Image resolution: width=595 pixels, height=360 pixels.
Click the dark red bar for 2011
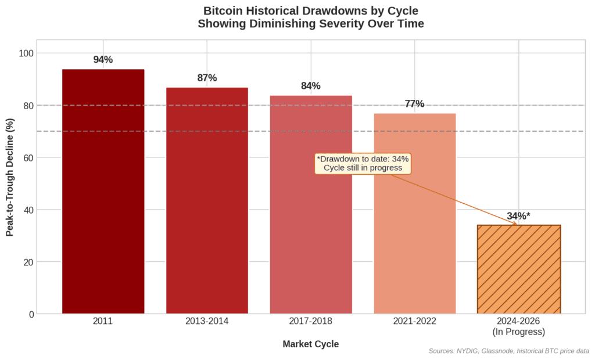coord(103,192)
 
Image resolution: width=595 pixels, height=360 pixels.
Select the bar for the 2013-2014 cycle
coord(207,200)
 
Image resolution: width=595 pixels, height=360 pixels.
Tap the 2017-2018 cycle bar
coord(310,204)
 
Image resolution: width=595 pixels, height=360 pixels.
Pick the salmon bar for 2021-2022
coord(414,213)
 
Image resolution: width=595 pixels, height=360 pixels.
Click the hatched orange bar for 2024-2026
coord(518,269)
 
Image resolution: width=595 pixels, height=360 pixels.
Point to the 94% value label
coord(103,60)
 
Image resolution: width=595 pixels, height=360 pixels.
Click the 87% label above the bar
coord(207,78)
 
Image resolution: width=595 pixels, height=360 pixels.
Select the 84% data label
coord(310,86)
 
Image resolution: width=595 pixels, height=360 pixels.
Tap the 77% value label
coord(414,104)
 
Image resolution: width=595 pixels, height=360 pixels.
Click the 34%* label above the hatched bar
coord(518,216)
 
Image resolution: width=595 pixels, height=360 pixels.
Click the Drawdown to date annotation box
coord(363,163)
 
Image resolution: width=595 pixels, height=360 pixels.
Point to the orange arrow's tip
coord(517,225)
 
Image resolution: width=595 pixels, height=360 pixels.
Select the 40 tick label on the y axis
coord(26,210)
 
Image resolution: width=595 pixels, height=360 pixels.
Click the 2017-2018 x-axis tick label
coord(310,321)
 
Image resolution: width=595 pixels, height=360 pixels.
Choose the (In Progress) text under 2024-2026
coord(518,332)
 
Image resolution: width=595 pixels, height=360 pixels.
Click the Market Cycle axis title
coord(310,344)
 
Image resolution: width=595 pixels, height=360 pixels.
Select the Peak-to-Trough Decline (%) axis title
coord(10,177)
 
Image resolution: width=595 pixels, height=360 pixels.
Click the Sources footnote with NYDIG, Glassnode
coord(508,351)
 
